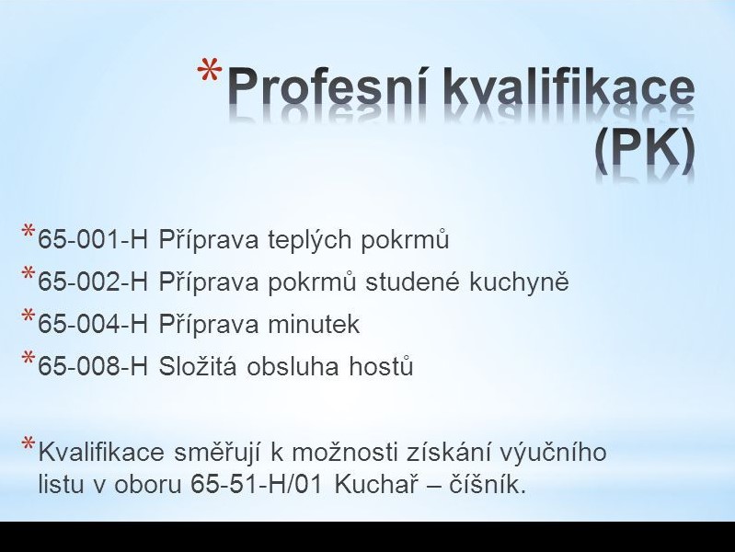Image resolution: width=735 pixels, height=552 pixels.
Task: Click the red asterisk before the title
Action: tap(210, 71)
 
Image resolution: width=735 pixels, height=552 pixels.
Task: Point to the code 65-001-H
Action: tap(93, 239)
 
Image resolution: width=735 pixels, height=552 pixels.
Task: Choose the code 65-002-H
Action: tap(93, 282)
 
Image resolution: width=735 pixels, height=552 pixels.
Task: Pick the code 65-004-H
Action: tap(93, 324)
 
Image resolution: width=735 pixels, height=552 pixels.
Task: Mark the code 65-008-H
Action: tap(93, 366)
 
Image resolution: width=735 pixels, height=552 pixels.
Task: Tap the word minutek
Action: tap(314, 324)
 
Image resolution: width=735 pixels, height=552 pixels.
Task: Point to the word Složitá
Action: tap(198, 366)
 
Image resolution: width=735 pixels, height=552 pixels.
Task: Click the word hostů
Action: tap(381, 366)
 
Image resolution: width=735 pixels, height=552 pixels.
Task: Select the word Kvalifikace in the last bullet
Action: tap(101, 452)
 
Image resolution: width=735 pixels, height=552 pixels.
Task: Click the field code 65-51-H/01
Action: tap(257, 485)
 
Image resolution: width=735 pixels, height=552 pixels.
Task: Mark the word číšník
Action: tap(488, 485)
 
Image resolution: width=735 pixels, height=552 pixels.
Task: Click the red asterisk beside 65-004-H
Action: tap(28, 316)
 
